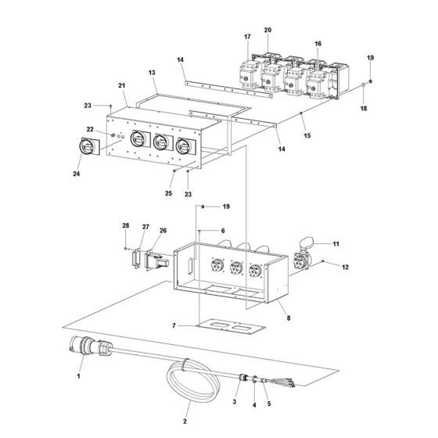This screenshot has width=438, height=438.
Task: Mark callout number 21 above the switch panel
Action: (x=122, y=84)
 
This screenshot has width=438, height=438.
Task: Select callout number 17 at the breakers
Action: (x=247, y=38)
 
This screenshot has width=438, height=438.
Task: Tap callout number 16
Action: (x=318, y=45)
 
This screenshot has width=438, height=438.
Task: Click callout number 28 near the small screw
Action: (x=124, y=227)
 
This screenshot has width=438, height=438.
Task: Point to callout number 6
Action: (x=222, y=231)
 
